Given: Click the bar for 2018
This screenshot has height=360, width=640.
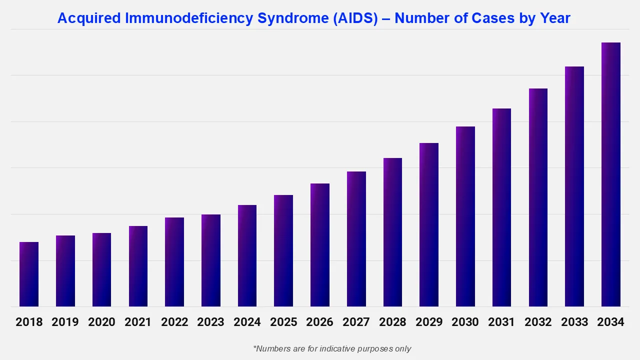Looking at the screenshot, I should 29,274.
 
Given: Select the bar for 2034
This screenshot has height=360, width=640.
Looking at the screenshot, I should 610,174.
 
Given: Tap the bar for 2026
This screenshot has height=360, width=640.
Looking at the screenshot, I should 320,245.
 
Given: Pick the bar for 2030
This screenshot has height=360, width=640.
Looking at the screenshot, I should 465,216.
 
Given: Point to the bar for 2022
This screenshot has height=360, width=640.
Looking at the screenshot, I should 174,262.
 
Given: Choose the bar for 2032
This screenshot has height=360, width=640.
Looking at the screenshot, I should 538,197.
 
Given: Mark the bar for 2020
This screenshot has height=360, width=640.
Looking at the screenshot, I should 101,269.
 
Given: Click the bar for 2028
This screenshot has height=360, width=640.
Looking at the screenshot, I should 392,232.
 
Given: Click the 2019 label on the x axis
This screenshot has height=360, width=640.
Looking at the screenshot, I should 65,322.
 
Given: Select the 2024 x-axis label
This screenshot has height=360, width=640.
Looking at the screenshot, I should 247,322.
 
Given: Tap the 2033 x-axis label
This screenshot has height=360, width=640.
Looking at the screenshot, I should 574,322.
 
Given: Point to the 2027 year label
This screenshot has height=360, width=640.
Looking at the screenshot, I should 356,322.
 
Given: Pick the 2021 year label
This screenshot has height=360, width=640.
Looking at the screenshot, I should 138,322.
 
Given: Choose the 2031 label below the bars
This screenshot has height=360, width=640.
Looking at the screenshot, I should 501,322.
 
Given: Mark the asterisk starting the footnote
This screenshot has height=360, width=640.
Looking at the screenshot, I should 255,347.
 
